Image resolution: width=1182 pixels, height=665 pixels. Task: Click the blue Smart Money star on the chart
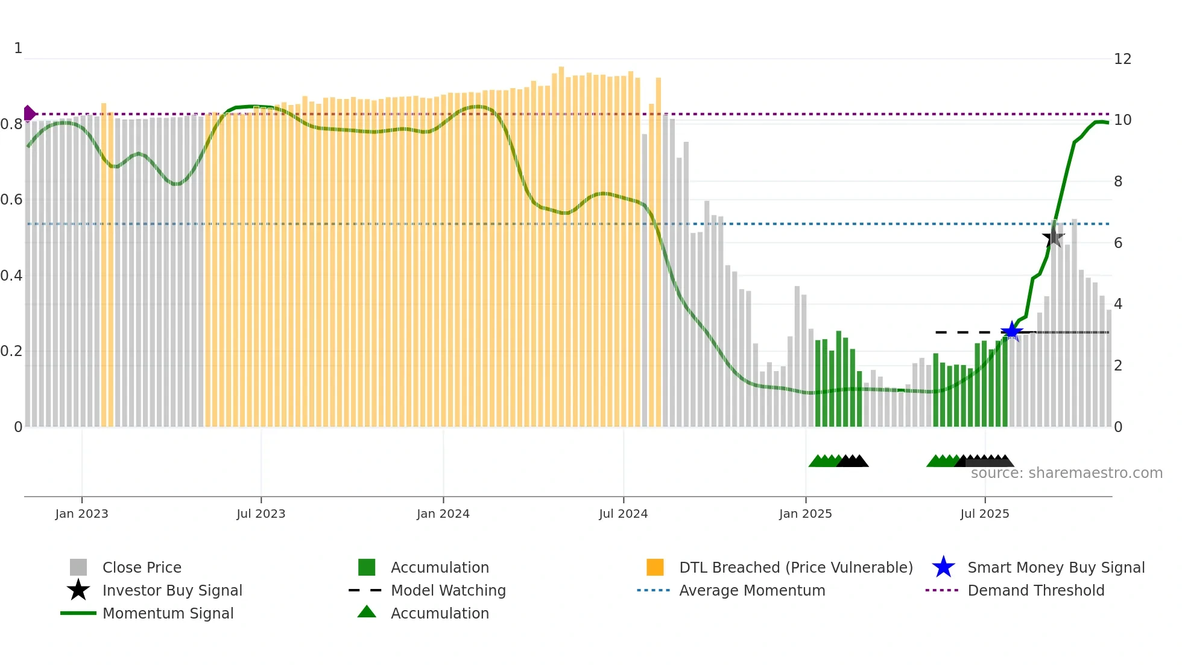tap(1011, 331)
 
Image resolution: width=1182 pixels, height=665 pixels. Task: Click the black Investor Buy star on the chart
tap(1054, 238)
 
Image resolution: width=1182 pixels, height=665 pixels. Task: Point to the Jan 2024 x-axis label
tap(443, 514)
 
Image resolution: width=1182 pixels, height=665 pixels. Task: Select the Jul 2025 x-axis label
tap(984, 514)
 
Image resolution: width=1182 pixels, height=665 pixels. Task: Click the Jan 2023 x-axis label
tap(81, 514)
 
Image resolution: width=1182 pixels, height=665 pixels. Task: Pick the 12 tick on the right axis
tap(1122, 59)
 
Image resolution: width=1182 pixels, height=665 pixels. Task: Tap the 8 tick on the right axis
tap(1118, 182)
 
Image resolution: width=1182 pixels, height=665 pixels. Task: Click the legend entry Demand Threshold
tap(1035, 590)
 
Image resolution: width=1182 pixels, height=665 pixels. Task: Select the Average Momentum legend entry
tap(751, 590)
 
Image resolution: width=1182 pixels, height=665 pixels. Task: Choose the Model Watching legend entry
tap(447, 590)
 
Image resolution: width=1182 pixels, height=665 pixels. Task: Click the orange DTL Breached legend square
tap(655, 567)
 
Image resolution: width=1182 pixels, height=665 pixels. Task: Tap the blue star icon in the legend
tap(943, 567)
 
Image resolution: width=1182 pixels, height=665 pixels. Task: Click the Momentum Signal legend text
tap(168, 613)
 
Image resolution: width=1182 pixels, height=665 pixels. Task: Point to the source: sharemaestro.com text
tap(1066, 473)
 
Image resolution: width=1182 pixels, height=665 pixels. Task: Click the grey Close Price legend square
tap(78, 567)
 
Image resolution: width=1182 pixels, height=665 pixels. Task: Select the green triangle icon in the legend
tap(367, 612)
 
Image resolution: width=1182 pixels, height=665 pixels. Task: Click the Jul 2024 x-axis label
tap(623, 514)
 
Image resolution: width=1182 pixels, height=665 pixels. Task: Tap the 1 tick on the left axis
tap(18, 48)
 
